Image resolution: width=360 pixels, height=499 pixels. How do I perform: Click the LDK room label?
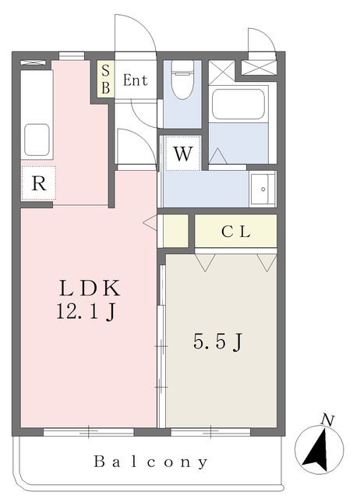click(x=90, y=288)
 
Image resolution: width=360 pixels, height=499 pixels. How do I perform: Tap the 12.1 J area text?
click(x=86, y=311)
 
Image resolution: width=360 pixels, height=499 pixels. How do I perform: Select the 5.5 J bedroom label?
click(x=218, y=342)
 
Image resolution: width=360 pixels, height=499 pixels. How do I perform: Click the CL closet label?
click(x=235, y=232)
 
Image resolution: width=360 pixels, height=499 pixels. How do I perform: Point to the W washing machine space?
click(x=183, y=153)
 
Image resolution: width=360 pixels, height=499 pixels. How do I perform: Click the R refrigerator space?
click(x=39, y=183)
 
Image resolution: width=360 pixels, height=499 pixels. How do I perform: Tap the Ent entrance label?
click(x=135, y=80)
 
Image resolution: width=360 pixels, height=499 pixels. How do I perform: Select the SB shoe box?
click(x=105, y=79)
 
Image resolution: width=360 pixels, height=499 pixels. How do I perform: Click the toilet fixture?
click(x=182, y=80)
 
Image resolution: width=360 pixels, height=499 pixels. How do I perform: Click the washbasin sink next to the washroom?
click(x=263, y=189)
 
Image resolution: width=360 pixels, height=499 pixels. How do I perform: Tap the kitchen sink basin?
click(x=37, y=140)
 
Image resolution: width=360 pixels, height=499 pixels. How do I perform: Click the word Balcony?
click(x=151, y=462)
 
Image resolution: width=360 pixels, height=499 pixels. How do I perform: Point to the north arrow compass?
click(x=319, y=450)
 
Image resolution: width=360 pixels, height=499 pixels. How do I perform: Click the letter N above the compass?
click(x=327, y=420)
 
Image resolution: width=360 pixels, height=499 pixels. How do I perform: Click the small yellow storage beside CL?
click(x=176, y=231)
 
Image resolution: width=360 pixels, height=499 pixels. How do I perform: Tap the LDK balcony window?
click(x=88, y=432)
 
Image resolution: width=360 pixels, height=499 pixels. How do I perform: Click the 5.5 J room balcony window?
click(x=210, y=432)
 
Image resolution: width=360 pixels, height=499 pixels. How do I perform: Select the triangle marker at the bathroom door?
click(x=218, y=156)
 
